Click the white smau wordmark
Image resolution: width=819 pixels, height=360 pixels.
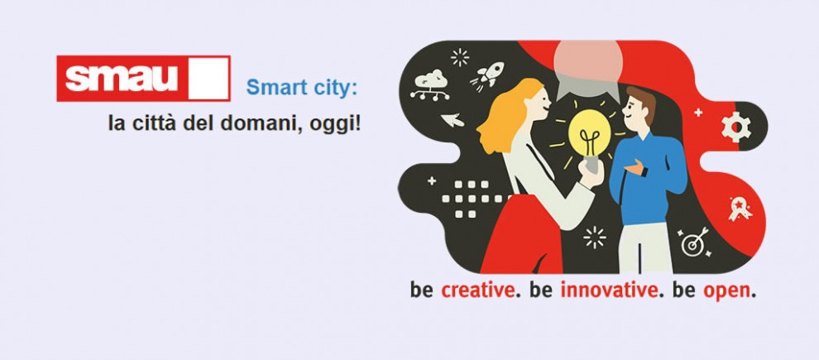click(121, 79)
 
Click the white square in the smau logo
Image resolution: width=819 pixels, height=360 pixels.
click(208, 79)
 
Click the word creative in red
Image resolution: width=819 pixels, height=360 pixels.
click(478, 290)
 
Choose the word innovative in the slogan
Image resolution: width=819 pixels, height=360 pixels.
click(609, 290)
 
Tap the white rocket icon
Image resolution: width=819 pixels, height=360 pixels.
click(488, 74)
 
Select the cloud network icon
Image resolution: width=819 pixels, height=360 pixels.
click(430, 84)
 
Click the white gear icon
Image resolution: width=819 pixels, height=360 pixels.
click(736, 127)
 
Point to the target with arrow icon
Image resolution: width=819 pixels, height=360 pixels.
click(694, 242)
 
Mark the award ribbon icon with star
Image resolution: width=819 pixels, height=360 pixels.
click(740, 209)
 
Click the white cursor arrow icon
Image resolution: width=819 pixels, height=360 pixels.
click(453, 120)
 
